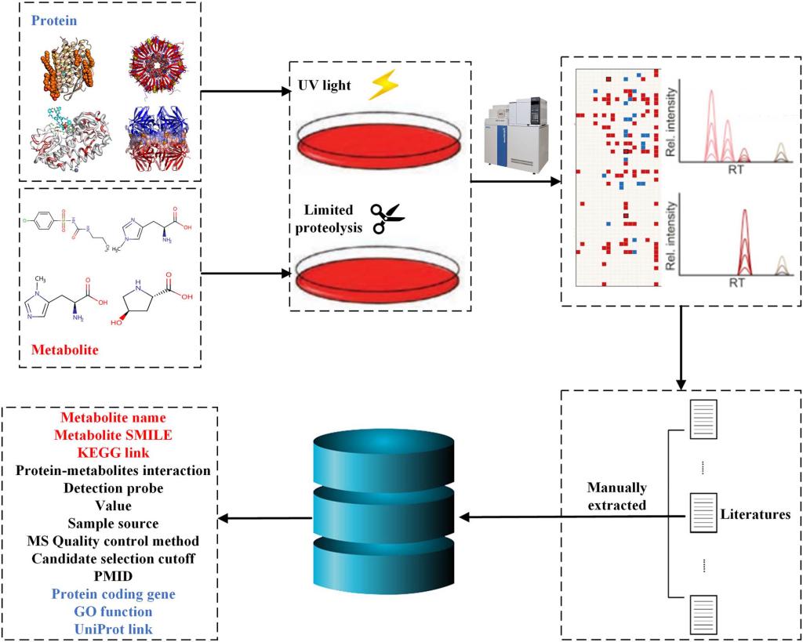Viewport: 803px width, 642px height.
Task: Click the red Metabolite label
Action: (x=65, y=350)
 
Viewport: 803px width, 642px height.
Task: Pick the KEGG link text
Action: (x=113, y=452)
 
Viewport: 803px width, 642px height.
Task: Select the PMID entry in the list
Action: (x=113, y=576)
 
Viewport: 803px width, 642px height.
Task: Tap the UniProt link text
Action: (x=113, y=628)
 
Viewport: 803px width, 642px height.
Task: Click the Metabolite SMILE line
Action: (x=113, y=435)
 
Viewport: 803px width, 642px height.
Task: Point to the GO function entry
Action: (x=113, y=611)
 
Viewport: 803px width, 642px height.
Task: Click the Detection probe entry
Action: (x=113, y=488)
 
